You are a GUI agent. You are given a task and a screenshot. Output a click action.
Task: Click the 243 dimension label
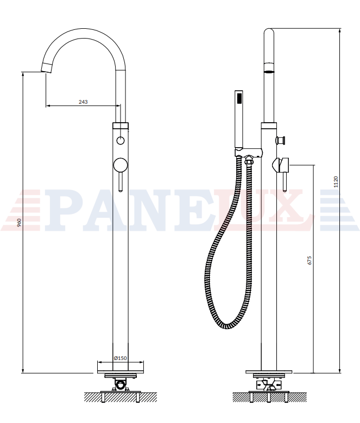(83, 102)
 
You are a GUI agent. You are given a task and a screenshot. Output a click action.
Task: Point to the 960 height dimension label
(19, 223)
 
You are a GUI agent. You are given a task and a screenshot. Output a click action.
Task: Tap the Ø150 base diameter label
(120, 358)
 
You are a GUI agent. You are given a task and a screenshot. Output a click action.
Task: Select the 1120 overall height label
(336, 182)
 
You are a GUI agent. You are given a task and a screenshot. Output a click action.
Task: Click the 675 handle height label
(310, 260)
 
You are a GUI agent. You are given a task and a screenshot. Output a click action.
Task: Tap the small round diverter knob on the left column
(120, 141)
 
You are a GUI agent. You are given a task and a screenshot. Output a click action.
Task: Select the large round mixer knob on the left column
(120, 165)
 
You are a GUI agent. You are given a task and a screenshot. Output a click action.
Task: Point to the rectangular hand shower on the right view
(239, 119)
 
